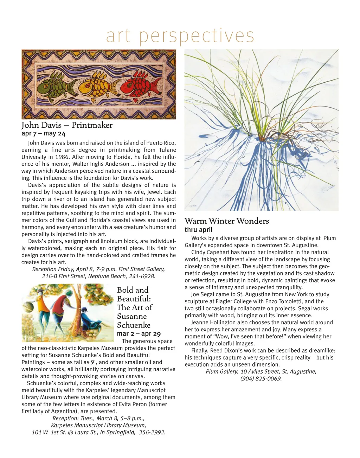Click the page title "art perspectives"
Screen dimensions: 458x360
coord(180,36)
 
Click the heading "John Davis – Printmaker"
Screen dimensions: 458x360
coord(67,125)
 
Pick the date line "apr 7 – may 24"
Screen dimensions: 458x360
coord(44,134)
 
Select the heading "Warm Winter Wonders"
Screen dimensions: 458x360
coord(227,221)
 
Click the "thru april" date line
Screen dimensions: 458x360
coord(199,230)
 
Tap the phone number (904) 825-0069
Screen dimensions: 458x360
coord(261,379)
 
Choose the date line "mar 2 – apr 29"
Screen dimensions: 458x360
coord(139,334)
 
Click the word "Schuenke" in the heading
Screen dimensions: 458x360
coord(134,325)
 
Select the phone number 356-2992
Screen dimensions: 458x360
coord(152,432)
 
